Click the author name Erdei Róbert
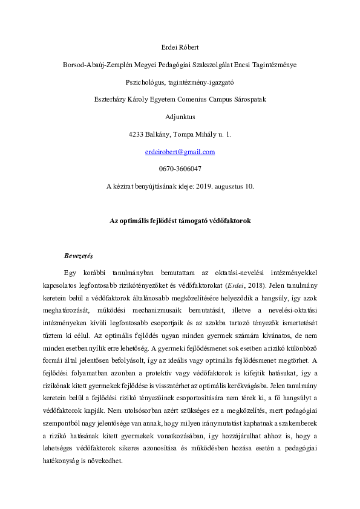tap(180, 47)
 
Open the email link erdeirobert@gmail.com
tap(180, 152)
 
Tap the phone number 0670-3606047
tap(180, 169)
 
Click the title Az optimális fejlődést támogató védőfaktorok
tap(180, 221)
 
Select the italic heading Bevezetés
tap(78, 256)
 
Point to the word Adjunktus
tap(180, 117)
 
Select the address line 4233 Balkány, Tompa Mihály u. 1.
tap(180, 134)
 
